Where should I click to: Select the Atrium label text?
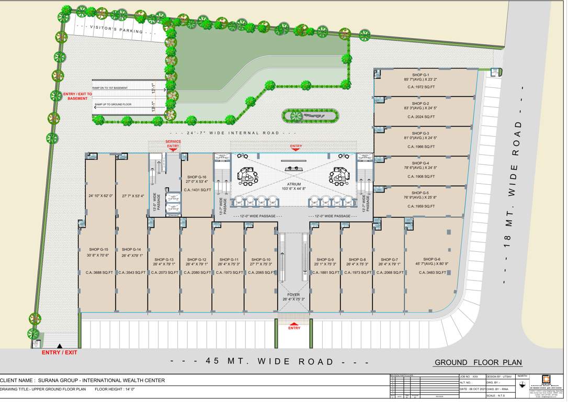point(293,184)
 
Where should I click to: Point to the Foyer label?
point(293,294)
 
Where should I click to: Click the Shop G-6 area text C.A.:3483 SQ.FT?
point(431,273)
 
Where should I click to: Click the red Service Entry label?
point(173,144)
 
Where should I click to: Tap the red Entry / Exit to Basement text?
point(77,96)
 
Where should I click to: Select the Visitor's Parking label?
point(116,29)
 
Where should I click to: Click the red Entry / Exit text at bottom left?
point(59,352)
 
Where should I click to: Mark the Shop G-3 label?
point(420,133)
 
